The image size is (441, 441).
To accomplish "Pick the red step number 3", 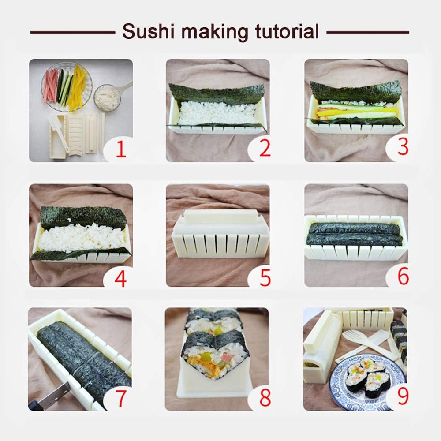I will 403,147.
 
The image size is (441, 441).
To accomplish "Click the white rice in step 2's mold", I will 216,113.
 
